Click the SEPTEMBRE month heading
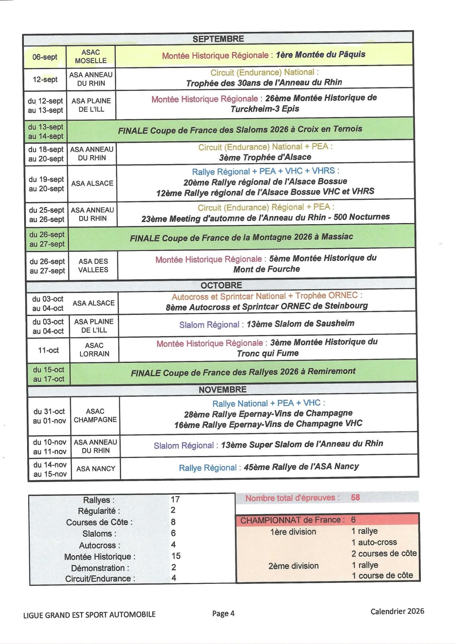(x=218, y=39)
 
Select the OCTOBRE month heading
(x=221, y=285)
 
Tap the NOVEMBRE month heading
(x=222, y=389)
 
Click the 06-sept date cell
(x=45, y=57)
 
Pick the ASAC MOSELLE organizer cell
(x=91, y=57)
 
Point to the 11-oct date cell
(x=48, y=350)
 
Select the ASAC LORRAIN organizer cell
(x=94, y=350)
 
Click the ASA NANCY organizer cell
(x=96, y=469)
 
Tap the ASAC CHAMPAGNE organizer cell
(x=95, y=415)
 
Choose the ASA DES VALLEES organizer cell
(x=93, y=266)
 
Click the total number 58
(x=355, y=498)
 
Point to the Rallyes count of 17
(x=175, y=499)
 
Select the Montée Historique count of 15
(x=176, y=556)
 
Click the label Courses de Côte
(x=99, y=522)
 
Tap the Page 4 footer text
(x=223, y=614)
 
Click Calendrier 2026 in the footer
(x=397, y=611)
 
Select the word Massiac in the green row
(x=337, y=237)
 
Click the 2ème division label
(x=293, y=566)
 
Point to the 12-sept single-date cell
(x=45, y=79)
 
